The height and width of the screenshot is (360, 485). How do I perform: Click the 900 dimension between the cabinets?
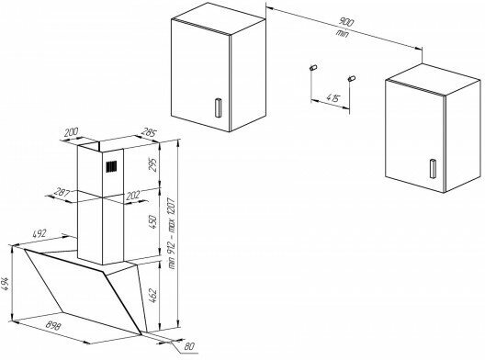tap(346, 22)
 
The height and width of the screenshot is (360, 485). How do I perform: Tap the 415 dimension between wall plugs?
tap(333, 98)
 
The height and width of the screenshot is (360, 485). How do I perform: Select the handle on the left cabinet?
tap(218, 107)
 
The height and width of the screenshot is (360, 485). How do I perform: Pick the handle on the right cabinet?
tap(433, 169)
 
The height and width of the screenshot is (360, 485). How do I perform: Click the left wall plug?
tap(313, 67)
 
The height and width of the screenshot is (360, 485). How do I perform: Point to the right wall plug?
tap(352, 78)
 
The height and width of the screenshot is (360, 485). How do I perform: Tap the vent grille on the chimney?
tap(112, 167)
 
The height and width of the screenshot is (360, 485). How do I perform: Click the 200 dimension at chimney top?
tap(72, 132)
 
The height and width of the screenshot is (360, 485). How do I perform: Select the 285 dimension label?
tap(149, 132)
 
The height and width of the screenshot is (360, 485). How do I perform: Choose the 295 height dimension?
tap(153, 164)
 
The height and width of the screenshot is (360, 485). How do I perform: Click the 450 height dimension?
tap(153, 222)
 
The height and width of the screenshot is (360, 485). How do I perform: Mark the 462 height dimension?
tap(153, 296)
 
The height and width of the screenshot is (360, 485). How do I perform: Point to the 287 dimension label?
tap(62, 193)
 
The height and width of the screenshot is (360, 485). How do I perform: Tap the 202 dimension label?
tap(133, 196)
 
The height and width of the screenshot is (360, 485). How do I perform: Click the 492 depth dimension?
tap(39, 233)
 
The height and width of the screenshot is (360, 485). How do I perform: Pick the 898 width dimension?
tap(53, 326)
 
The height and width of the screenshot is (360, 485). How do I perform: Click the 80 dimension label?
tap(189, 346)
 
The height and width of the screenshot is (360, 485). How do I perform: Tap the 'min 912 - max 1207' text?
tap(172, 232)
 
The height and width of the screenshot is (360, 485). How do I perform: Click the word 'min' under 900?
tap(342, 33)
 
